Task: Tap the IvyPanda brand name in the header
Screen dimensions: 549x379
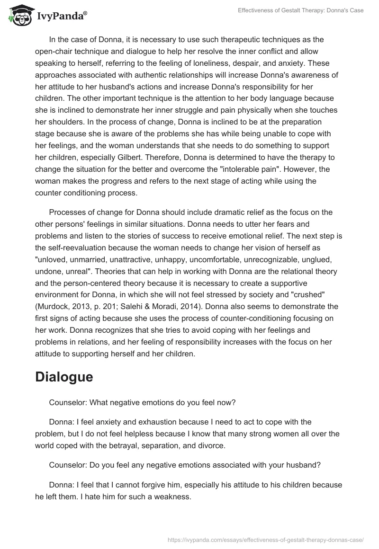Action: coord(61,16)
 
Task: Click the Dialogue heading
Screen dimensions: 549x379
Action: coord(64,377)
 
